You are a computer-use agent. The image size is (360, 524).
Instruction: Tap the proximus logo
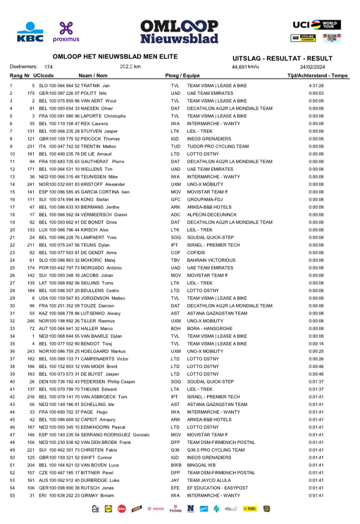click(x=65, y=31)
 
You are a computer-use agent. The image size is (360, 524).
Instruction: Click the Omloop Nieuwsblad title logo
click(x=179, y=31)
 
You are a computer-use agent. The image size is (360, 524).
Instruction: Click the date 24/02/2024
click(x=316, y=67)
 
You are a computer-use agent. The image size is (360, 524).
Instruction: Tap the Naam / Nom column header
click(x=93, y=76)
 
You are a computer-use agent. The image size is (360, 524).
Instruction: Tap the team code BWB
click(x=175, y=465)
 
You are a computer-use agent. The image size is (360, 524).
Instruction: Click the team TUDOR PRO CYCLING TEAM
click(x=217, y=146)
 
